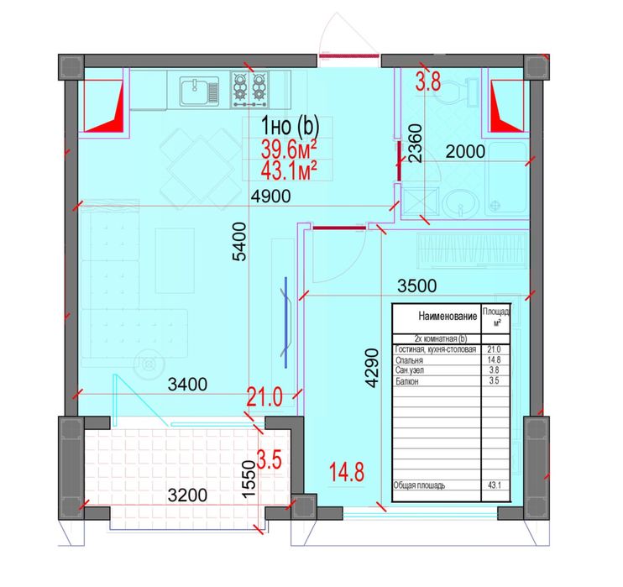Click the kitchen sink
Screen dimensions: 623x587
(199, 92)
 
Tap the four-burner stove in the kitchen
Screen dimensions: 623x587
(250, 89)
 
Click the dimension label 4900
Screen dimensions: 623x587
(270, 196)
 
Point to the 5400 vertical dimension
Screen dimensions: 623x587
(239, 241)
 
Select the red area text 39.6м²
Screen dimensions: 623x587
(289, 149)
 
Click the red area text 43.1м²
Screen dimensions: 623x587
(289, 171)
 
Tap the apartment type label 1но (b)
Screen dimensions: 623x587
(290, 126)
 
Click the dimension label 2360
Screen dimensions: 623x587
(415, 143)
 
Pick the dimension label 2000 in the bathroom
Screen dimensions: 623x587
(465, 151)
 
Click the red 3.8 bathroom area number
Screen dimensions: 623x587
(428, 82)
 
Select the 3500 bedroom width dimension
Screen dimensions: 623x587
(416, 286)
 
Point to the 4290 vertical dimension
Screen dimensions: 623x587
(372, 368)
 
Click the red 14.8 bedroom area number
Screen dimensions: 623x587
(347, 473)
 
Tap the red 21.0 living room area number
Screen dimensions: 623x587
(264, 397)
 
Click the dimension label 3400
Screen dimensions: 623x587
(187, 385)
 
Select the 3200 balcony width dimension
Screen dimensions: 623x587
(187, 495)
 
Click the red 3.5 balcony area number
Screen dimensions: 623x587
(270, 460)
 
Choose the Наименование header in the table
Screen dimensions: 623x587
(448, 317)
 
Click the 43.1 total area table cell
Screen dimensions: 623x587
(495, 485)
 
